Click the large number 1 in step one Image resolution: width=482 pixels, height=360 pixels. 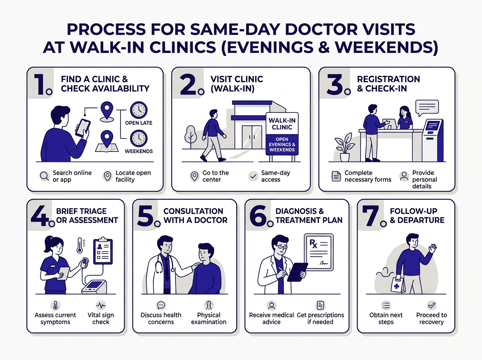pos(39,83)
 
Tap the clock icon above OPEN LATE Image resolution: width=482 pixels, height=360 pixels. pos(139,110)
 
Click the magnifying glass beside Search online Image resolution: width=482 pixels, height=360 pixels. pos(44,176)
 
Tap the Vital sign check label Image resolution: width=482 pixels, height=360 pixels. pos(101,318)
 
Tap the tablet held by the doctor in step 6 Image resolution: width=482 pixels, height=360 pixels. pos(297,272)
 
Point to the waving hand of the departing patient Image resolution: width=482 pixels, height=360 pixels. pos(432,248)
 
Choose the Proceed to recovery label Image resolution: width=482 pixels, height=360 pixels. pos(431,318)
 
